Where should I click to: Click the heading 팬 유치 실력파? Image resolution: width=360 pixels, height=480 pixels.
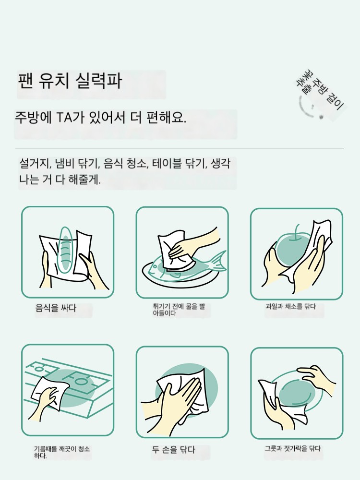(70, 81)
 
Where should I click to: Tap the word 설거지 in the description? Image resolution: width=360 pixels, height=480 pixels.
(34, 164)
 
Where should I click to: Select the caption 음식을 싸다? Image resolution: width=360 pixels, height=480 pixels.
(56, 308)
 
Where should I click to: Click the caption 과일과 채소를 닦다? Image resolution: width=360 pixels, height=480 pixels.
(290, 306)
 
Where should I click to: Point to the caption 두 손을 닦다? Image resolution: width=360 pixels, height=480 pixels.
(174, 450)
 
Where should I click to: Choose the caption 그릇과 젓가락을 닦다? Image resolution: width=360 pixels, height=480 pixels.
(293, 448)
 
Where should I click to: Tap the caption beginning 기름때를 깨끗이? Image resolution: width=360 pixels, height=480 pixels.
(61, 452)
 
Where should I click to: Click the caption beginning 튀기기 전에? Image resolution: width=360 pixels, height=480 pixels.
(179, 310)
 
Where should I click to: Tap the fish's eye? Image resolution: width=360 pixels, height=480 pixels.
(154, 266)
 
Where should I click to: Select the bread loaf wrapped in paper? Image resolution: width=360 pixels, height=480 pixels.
(65, 250)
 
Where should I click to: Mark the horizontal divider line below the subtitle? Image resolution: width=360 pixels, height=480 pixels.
(180, 148)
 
